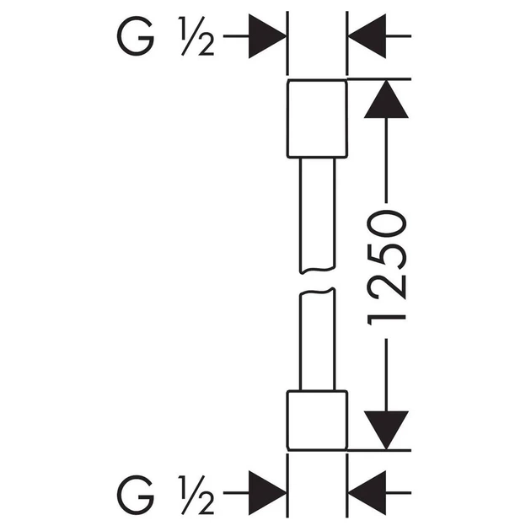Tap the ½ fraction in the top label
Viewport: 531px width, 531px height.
click(x=196, y=36)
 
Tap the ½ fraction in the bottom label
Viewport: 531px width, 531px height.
click(x=196, y=495)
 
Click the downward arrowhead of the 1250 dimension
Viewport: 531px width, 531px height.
click(x=386, y=431)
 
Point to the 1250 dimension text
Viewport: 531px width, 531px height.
click(x=387, y=267)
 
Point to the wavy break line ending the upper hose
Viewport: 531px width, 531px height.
click(x=317, y=271)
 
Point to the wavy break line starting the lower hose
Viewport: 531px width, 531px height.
click(x=317, y=292)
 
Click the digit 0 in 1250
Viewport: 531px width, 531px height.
click(x=387, y=223)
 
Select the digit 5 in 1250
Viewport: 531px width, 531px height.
click(x=387, y=255)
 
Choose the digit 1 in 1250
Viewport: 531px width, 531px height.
click(x=387, y=317)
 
